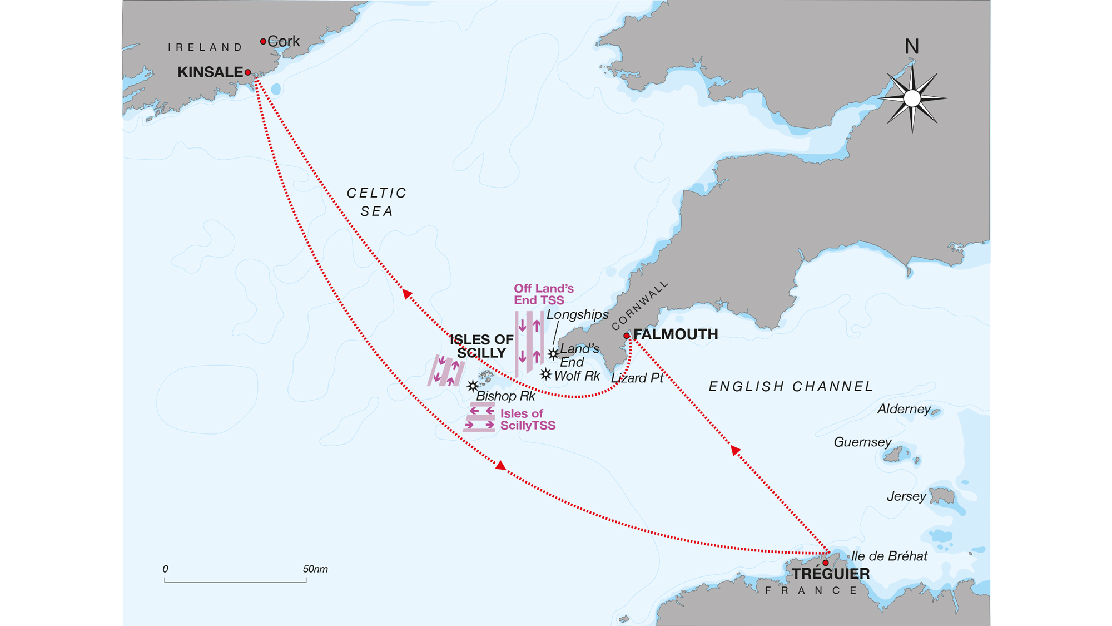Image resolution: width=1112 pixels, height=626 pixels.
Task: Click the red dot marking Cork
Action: pyautogui.click(x=263, y=41)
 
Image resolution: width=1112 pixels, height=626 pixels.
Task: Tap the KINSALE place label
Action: pyautogui.click(x=210, y=72)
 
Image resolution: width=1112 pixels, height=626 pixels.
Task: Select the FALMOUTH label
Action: pyautogui.click(x=676, y=334)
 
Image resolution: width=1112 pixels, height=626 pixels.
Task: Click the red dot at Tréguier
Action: pyautogui.click(x=826, y=563)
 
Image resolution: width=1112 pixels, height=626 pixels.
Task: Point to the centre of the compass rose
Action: pyautogui.click(x=912, y=98)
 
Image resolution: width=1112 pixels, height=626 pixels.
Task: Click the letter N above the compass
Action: pyautogui.click(x=911, y=47)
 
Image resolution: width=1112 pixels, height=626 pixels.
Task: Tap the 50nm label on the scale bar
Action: pyautogui.click(x=315, y=569)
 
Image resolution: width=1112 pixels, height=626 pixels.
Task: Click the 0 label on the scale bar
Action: pyautogui.click(x=165, y=569)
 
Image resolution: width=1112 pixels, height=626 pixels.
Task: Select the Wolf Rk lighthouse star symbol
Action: pyautogui.click(x=545, y=374)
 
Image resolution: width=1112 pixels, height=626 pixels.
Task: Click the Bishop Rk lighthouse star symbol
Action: pyautogui.click(x=473, y=386)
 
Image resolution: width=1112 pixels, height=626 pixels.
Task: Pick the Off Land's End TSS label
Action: pyautogui.click(x=543, y=294)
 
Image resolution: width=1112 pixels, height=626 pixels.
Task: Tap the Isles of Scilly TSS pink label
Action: pyautogui.click(x=527, y=420)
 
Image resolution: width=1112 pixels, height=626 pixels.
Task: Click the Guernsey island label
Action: pyautogui.click(x=862, y=442)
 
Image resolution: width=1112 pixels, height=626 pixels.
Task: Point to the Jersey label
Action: pyautogui.click(x=906, y=496)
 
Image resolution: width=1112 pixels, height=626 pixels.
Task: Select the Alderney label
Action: pyautogui.click(x=904, y=410)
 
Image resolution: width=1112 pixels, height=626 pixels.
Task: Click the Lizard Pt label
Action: pyautogui.click(x=637, y=378)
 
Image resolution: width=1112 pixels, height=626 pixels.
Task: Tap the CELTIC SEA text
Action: pyautogui.click(x=377, y=202)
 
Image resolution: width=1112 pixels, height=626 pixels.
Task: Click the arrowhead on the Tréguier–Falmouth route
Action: pyautogui.click(x=735, y=450)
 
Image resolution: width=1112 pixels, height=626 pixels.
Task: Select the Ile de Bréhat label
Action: pyautogui.click(x=889, y=556)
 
